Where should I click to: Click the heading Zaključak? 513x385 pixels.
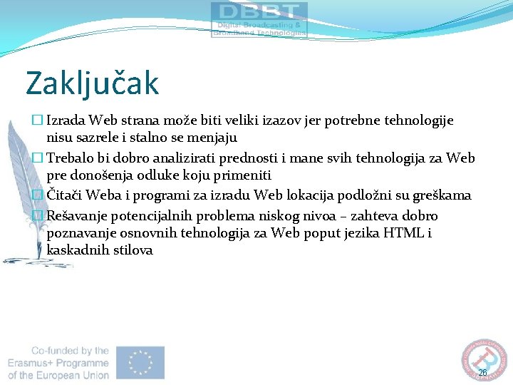[x=92, y=83]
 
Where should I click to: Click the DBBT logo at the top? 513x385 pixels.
[x=259, y=19]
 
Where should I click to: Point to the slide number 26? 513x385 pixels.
[x=482, y=373]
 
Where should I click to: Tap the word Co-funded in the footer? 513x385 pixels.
[x=60, y=350]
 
